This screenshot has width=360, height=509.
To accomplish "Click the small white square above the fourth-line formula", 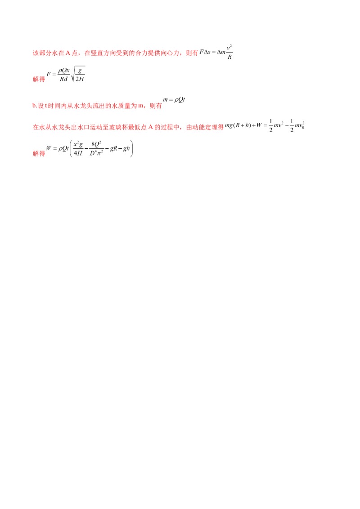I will click(x=272, y=117).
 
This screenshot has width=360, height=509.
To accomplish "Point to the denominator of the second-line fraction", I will click(x=72, y=80).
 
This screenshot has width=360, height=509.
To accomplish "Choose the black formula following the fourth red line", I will click(x=265, y=126).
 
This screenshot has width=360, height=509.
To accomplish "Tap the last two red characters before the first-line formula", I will click(x=193, y=54).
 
